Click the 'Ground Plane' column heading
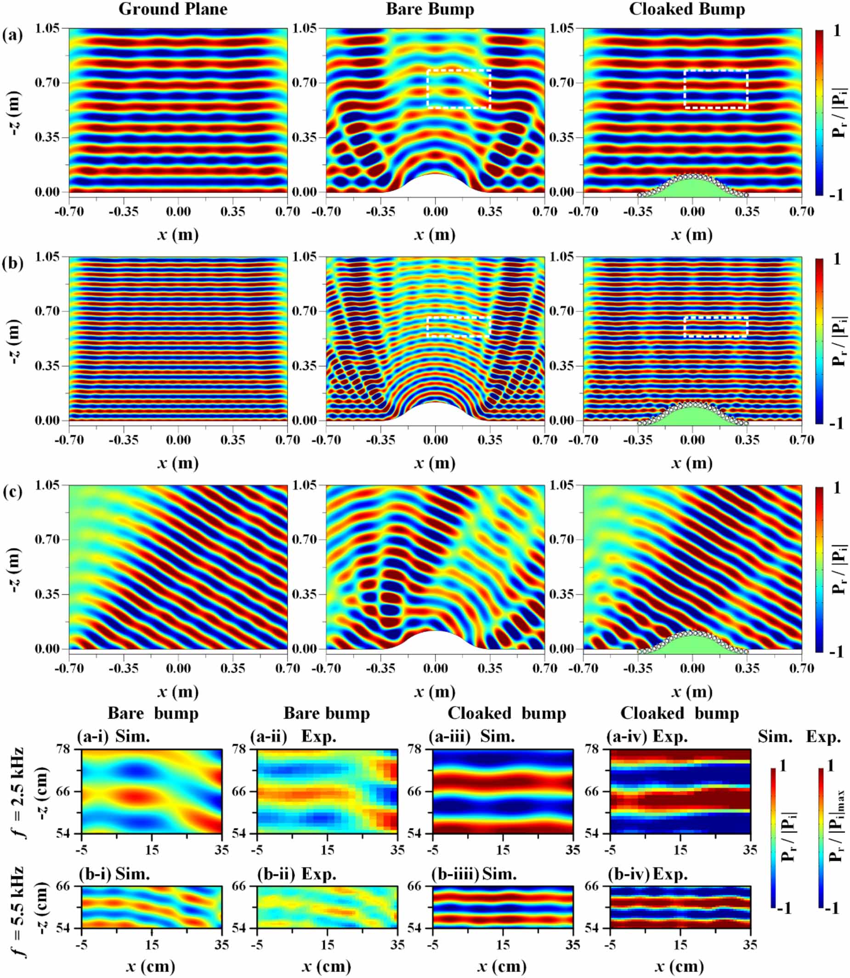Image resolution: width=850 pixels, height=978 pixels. (x=173, y=9)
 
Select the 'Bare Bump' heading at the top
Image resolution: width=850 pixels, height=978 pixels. (x=430, y=9)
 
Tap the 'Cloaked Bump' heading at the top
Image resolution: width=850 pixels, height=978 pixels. (x=687, y=9)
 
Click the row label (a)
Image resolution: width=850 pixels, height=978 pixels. (x=12, y=35)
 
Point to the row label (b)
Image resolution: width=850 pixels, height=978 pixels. (x=12, y=263)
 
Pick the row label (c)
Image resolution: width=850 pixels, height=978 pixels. (x=12, y=491)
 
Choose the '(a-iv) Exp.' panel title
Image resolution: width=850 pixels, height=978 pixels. (x=646, y=736)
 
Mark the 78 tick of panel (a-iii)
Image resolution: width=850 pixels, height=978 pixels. (x=421, y=750)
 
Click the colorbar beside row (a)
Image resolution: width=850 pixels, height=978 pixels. (x=819, y=113)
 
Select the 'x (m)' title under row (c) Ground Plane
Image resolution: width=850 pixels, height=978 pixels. (x=178, y=692)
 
